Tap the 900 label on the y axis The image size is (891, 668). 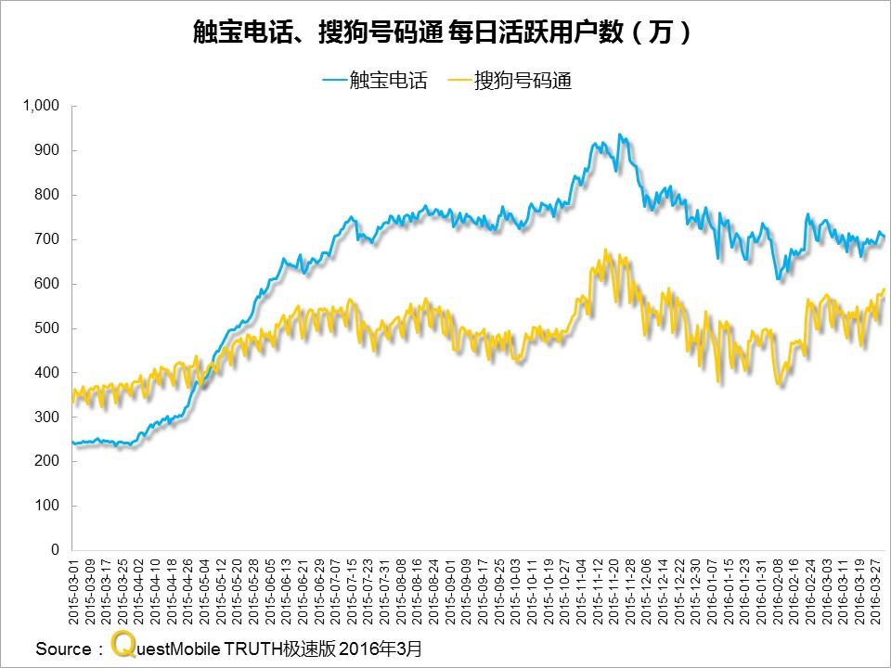click(x=46, y=150)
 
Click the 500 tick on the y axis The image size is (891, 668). click(x=46, y=328)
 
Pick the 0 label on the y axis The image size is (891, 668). click(x=55, y=550)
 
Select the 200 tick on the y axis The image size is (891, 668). click(x=46, y=461)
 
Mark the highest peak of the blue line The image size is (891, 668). click(x=620, y=135)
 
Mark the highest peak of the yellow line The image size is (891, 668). click(x=605, y=250)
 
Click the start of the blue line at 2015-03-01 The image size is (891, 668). click(x=72, y=442)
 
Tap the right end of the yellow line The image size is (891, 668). click(x=885, y=289)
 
